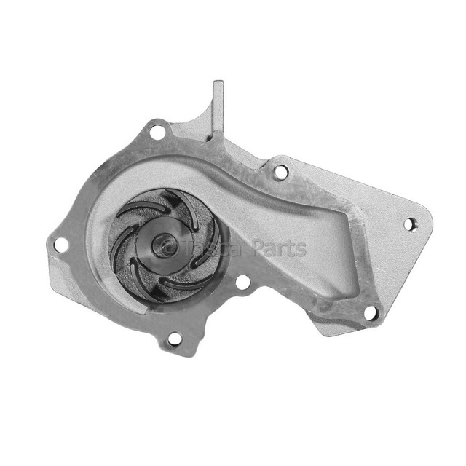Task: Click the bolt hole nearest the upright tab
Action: pos(157,133)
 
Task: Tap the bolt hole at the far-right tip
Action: pos(409,224)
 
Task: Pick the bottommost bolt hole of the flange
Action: pos(174,339)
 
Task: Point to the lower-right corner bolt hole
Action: pos(370,313)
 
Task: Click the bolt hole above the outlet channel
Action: pos(281,172)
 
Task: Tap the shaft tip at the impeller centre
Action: pos(160,244)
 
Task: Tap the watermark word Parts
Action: pos(280,249)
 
